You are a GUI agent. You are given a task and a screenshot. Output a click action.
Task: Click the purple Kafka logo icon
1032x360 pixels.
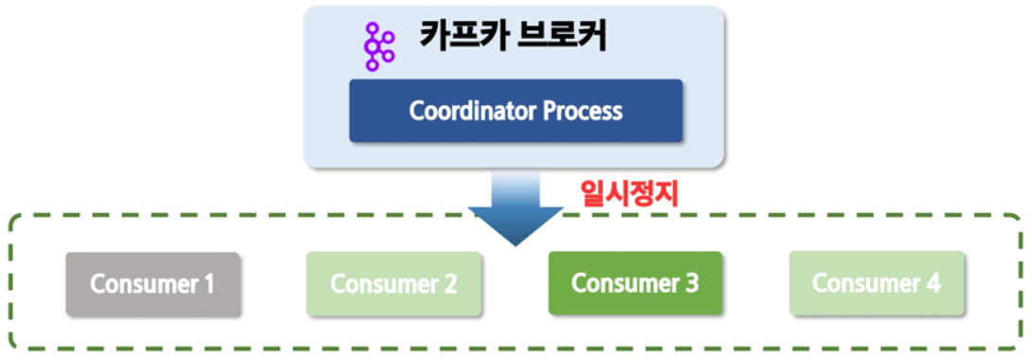point(379,46)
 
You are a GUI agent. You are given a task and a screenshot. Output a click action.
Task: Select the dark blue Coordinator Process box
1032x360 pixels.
point(516,111)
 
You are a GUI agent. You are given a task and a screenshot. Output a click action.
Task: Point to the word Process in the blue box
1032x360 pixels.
point(583,111)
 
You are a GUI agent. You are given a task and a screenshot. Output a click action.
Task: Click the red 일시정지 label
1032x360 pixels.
point(628,195)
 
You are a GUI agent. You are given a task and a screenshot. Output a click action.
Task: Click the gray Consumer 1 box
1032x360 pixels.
point(152,284)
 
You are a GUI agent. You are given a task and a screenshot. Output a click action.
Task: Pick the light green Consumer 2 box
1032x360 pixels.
point(393,284)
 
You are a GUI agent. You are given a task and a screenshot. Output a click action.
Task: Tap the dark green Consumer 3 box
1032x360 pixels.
point(635,283)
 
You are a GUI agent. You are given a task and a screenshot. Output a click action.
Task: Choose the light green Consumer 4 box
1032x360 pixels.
point(877,283)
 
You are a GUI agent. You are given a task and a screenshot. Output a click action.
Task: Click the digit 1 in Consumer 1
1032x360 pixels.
point(208,284)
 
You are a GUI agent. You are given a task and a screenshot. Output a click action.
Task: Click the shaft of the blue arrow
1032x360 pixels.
point(516,189)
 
